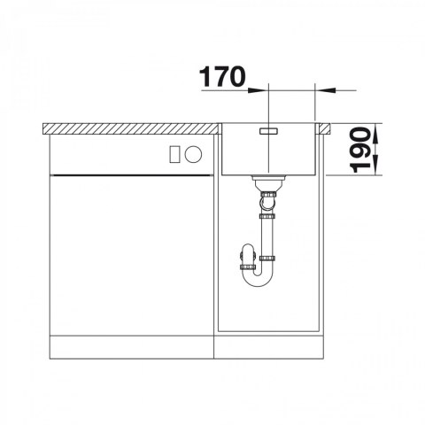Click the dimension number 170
(x=222, y=76)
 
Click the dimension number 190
(x=359, y=150)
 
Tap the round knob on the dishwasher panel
(x=194, y=154)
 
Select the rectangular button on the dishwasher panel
(x=174, y=154)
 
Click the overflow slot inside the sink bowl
(x=268, y=131)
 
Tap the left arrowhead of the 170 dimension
(x=256, y=90)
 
